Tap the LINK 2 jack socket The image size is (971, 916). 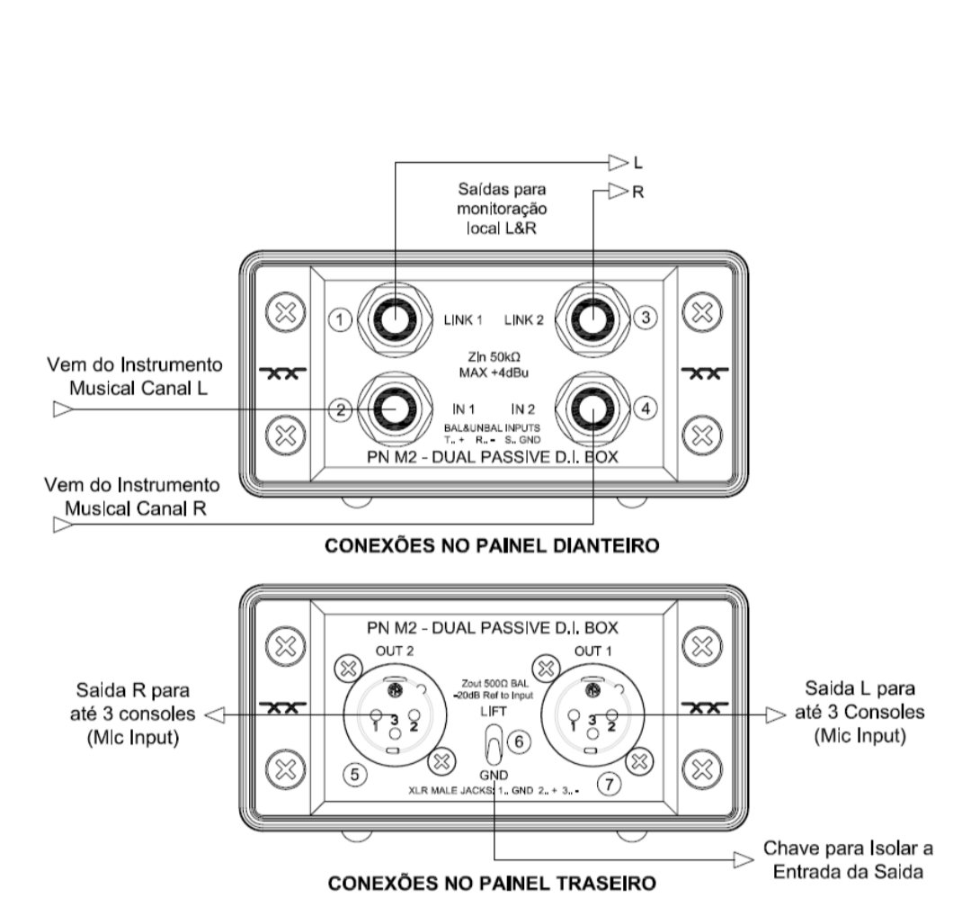[592, 319]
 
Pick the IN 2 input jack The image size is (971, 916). [592, 409]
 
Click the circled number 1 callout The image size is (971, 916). [340, 319]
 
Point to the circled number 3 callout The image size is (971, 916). [645, 317]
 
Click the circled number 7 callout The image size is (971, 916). [609, 784]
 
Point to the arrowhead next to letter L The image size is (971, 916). [618, 163]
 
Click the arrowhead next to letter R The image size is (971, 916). [618, 191]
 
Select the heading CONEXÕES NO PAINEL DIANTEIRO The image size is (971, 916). [492, 546]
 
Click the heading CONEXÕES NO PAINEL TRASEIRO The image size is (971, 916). [492, 883]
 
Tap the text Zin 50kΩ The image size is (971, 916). [492, 355]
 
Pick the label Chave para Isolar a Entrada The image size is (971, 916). [847, 858]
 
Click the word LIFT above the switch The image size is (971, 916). [492, 711]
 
